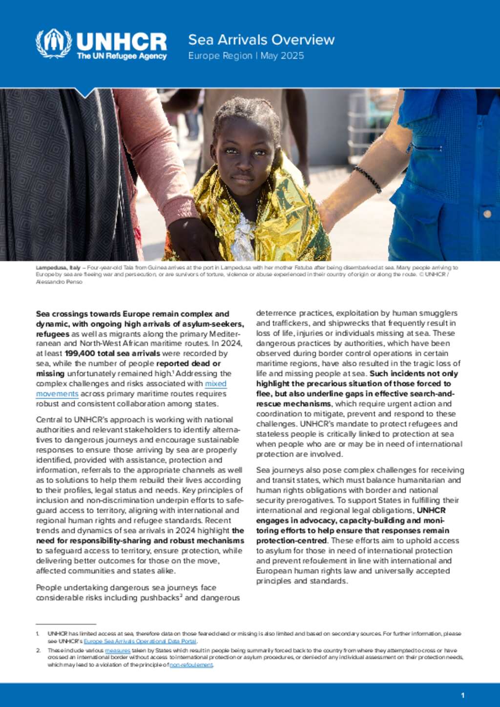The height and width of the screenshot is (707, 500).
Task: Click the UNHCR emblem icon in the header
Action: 53,43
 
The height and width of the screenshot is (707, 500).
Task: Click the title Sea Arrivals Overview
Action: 261,40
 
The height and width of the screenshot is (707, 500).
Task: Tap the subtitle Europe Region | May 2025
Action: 246,56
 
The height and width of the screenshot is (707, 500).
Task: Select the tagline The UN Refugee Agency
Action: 122,56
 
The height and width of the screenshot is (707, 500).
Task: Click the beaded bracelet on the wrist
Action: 368,179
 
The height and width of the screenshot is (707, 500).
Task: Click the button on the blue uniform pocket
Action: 487,214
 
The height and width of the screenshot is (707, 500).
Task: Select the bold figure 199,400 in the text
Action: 81,354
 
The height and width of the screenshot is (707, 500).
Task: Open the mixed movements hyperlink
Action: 215,384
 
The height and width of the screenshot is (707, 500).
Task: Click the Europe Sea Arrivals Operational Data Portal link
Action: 140,641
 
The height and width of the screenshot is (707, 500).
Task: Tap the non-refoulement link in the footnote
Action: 191,665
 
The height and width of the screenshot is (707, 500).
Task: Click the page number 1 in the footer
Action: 462,695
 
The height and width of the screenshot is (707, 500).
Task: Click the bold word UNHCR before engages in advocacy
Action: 431,510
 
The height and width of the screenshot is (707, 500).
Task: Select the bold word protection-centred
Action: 292,541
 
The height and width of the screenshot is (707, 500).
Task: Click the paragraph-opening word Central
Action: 49,420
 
